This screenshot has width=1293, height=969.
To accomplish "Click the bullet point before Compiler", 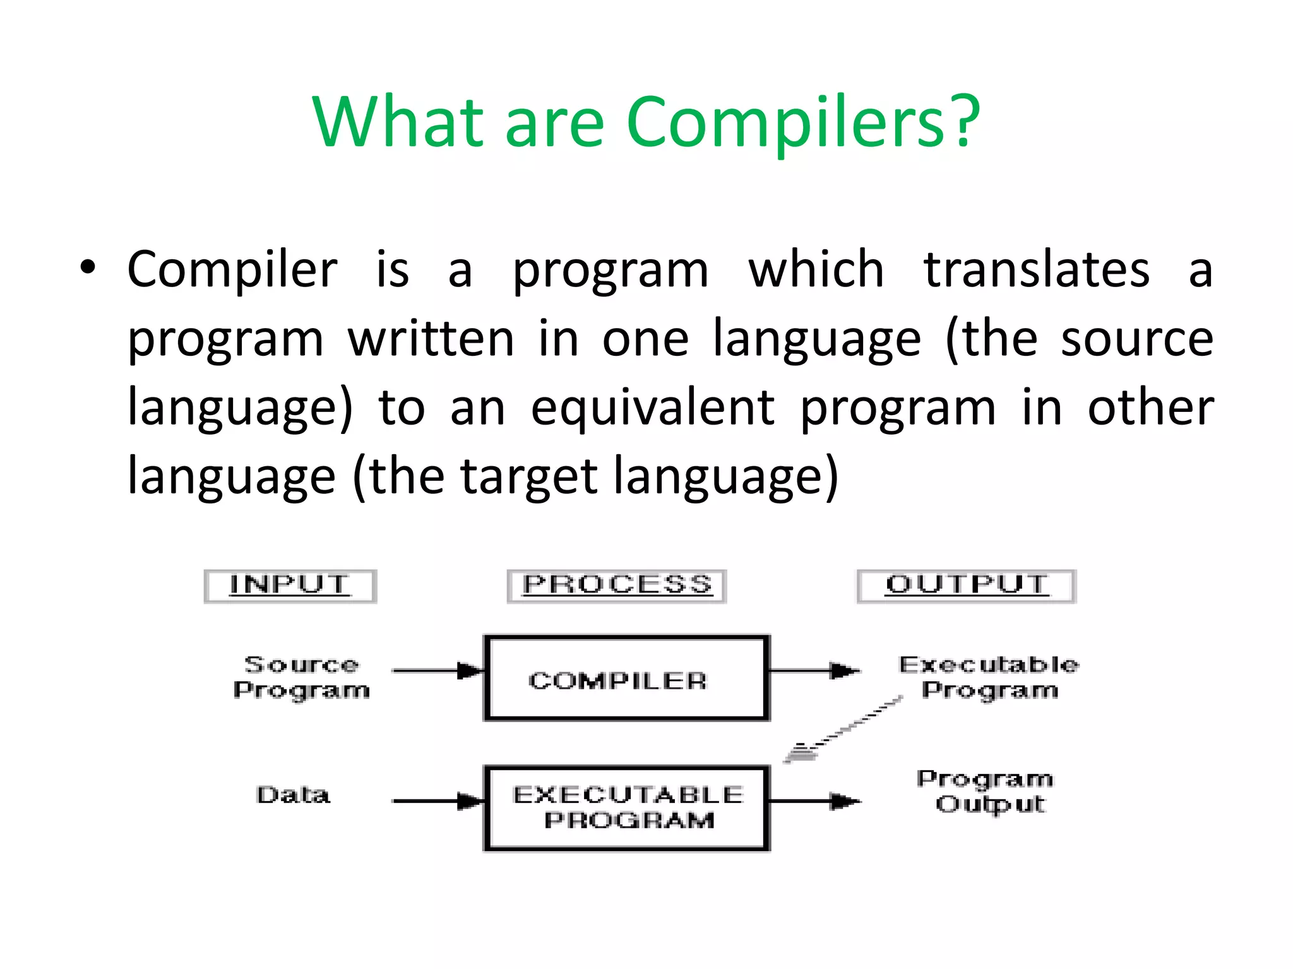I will tap(88, 267).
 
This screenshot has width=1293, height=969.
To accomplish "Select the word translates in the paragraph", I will tap(1036, 270).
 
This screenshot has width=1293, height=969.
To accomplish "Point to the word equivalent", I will tap(652, 408).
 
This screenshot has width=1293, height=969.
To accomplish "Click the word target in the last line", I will tap(528, 476).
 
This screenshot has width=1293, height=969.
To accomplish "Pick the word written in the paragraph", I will tap(431, 339).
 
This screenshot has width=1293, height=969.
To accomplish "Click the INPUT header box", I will tap(290, 586).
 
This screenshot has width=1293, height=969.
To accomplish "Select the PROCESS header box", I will tap(617, 586).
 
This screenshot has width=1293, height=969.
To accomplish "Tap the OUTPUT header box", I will tap(966, 586).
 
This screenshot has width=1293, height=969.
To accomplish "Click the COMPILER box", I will tap(626, 678).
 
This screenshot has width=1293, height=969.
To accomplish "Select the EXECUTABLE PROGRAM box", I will tap(626, 808).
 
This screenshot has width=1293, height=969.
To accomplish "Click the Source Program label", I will tap(302, 677).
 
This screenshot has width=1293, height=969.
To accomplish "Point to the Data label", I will tap(293, 795).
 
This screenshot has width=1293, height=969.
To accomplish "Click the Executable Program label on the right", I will tap(989, 677).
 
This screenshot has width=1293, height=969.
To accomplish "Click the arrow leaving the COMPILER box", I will tap(814, 671).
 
